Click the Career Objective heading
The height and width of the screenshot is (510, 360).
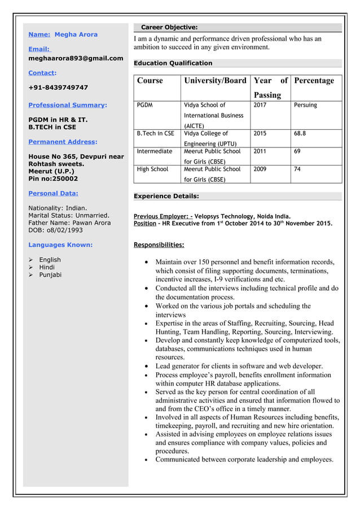pyautogui.click(x=169, y=27)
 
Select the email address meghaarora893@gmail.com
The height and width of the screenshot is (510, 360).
pyautogui.click(x=76, y=58)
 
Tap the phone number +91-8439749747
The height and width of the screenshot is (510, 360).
pyautogui.click(x=58, y=88)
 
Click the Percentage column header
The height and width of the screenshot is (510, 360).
pyautogui.click(x=314, y=81)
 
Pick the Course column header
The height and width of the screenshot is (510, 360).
pyautogui.click(x=150, y=81)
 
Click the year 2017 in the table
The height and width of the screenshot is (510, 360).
pyautogui.click(x=260, y=105)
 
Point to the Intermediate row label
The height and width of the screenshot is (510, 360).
pyautogui.click(x=154, y=151)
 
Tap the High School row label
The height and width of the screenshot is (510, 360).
pyautogui.click(x=152, y=169)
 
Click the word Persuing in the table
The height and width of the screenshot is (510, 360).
pyautogui.click(x=305, y=105)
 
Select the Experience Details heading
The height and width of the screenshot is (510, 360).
pyautogui.click(x=166, y=196)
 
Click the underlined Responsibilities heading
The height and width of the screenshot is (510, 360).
pyautogui.click(x=159, y=245)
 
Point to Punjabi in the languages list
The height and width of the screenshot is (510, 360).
pyautogui.click(x=50, y=275)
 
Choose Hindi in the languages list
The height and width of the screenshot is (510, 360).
pyautogui.click(x=47, y=267)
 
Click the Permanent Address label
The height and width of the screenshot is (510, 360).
pyautogui.click(x=63, y=142)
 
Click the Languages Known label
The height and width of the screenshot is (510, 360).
pyautogui.click(x=60, y=245)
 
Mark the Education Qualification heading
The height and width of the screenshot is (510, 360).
pyautogui.click(x=173, y=63)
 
